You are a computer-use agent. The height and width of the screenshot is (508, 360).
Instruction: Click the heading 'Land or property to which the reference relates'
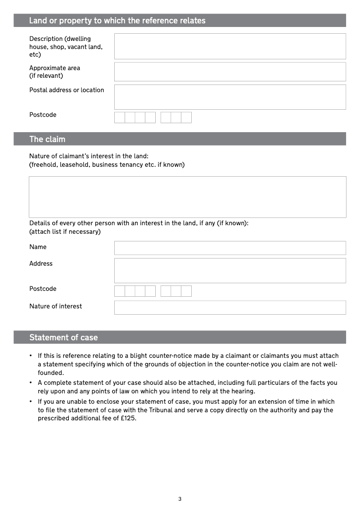coord(117,21)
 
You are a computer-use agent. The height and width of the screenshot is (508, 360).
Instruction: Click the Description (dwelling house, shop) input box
coord(230,46)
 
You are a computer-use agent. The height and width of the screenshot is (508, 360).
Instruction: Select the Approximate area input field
coord(230,72)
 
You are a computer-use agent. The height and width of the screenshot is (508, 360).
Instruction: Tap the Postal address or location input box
coord(230,97)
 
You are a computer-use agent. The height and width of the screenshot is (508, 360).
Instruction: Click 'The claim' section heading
coord(47,139)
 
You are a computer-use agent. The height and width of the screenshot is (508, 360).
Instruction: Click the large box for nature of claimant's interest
coord(187,197)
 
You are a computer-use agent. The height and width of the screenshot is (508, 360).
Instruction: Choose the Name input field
coord(230,248)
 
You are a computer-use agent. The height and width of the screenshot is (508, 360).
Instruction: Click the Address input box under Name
coord(230,271)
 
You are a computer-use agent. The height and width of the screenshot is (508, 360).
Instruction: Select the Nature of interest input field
coord(230,307)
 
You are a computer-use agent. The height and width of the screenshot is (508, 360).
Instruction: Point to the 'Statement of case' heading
coord(63,338)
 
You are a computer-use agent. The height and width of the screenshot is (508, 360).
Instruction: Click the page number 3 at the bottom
coord(180,499)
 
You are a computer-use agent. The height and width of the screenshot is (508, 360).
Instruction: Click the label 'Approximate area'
coord(54,68)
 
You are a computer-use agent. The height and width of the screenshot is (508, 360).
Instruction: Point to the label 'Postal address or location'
coord(67,90)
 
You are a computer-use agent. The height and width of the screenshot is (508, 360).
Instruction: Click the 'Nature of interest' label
coord(56,306)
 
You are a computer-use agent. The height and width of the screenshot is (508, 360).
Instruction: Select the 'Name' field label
coord(38,247)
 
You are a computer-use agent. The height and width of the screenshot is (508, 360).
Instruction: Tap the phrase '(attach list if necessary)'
coord(65,232)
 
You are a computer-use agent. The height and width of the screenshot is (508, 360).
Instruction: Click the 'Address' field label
coord(41,263)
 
